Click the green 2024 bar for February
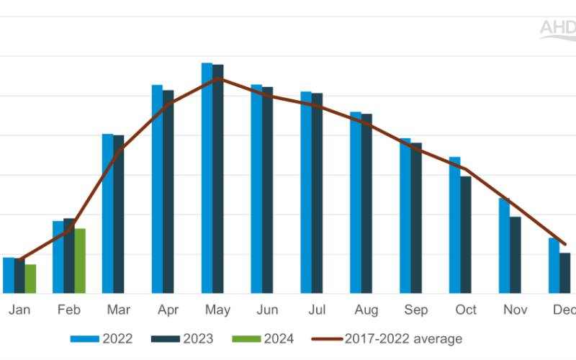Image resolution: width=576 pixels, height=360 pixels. click(80, 261)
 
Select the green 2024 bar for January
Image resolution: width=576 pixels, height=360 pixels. click(30, 279)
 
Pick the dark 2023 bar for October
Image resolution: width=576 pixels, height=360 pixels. click(466, 235)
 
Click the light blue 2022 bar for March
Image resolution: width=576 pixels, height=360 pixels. click(107, 214)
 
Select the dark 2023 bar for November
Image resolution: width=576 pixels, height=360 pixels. click(516, 255)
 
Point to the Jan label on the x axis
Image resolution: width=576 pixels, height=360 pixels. click(19, 310)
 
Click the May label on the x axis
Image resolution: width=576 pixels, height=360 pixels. click(217, 310)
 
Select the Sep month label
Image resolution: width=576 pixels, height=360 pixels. click(416, 310)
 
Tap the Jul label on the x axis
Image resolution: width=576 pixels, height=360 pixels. click(317, 310)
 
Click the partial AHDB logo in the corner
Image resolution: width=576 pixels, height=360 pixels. click(557, 28)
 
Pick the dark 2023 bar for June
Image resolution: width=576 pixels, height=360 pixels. click(267, 190)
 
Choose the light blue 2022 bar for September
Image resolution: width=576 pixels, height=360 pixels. click(405, 215)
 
